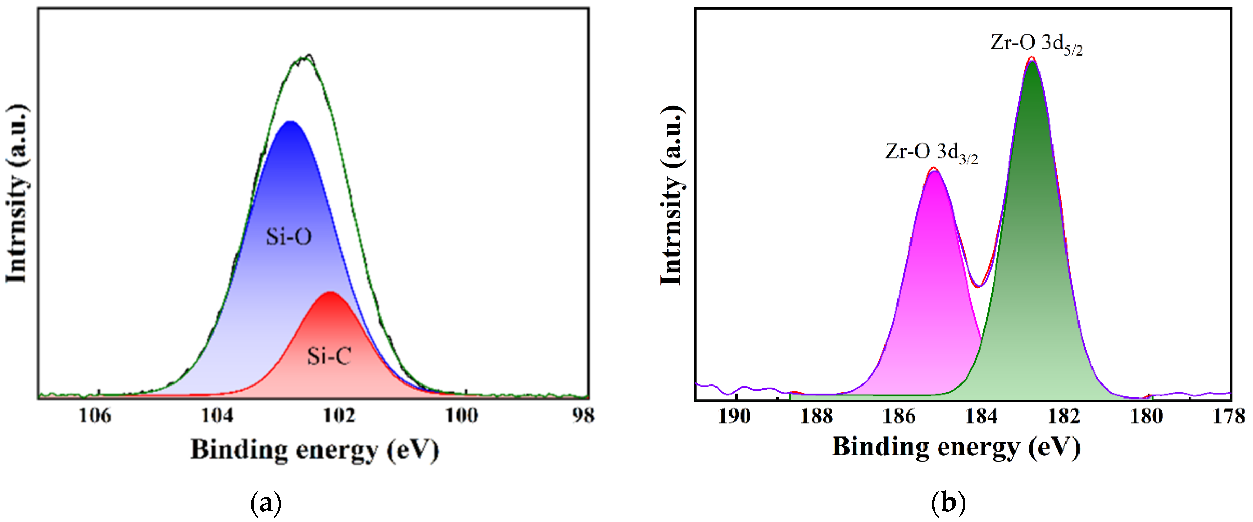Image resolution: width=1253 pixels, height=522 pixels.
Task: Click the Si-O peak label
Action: [x=288, y=237]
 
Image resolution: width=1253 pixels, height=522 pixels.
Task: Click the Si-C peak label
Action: [x=329, y=356]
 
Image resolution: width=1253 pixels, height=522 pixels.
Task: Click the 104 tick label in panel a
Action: [x=217, y=416]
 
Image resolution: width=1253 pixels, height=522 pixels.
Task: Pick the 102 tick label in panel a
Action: [x=339, y=416]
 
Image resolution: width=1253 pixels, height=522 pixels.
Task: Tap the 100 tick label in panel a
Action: [x=462, y=416]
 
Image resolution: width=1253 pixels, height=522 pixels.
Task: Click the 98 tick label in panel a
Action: [x=583, y=416]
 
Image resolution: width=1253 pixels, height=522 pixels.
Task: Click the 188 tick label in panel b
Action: [x=817, y=417]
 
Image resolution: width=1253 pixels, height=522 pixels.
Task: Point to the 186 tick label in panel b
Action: [x=899, y=417]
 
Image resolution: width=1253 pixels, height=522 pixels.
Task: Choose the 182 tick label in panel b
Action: [x=1064, y=417]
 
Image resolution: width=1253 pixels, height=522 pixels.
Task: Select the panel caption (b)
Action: [x=948, y=504]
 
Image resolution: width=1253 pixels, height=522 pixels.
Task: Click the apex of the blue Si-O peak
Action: [x=290, y=122]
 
